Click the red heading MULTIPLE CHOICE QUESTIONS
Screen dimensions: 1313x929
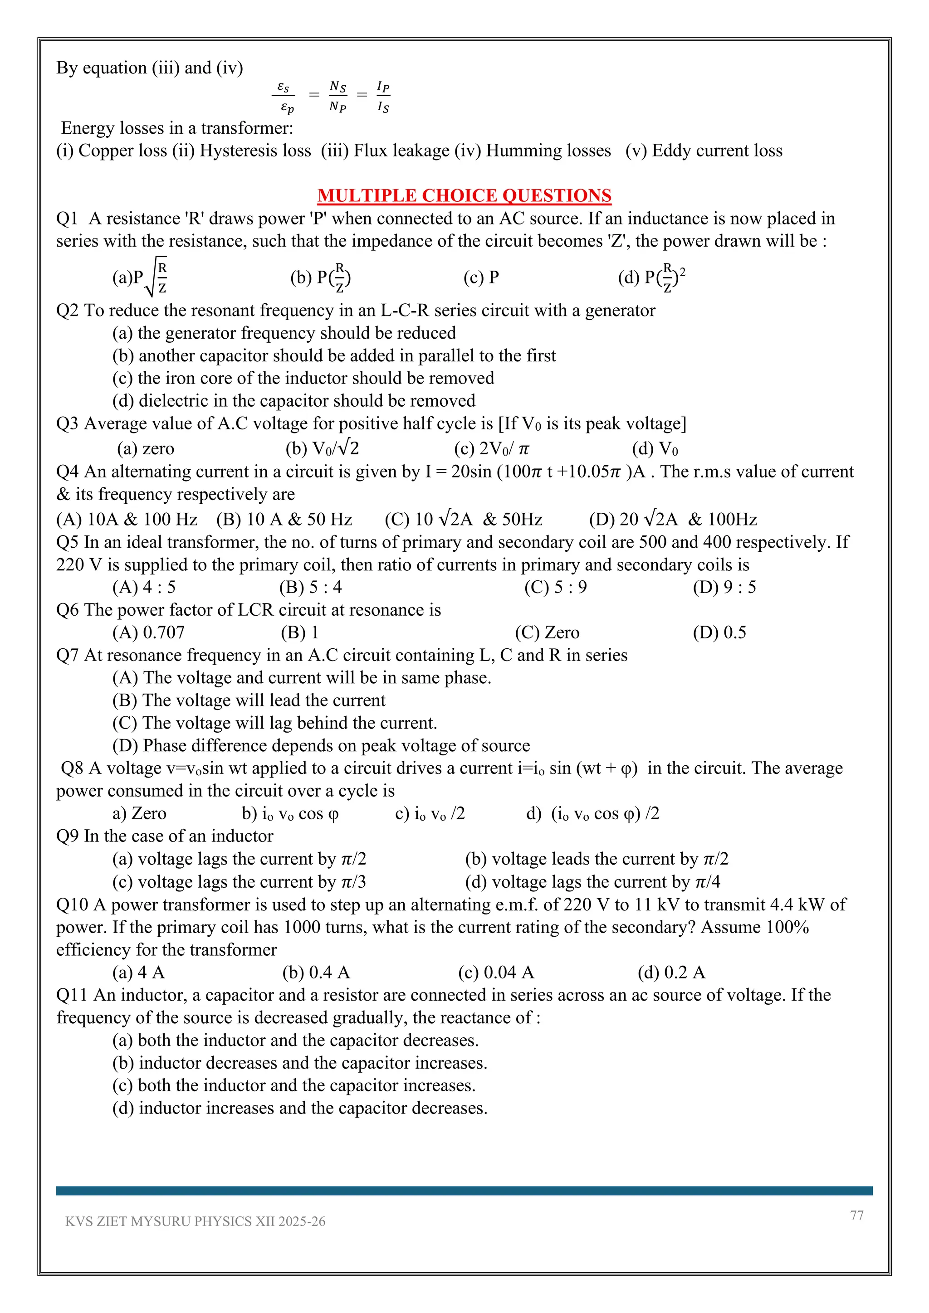pos(464,195)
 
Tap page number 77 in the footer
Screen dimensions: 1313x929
pos(856,1215)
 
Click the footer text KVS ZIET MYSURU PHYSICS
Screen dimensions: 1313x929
pos(195,1221)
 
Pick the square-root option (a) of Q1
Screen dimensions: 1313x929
pos(140,277)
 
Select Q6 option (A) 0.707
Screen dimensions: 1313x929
pos(148,632)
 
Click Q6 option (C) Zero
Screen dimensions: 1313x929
pos(547,632)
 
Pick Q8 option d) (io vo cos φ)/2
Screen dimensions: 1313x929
pos(592,813)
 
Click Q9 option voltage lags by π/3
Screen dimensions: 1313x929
pos(239,882)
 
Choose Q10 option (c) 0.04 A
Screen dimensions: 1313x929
pos(495,972)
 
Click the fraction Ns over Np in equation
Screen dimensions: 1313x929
pos(337,96)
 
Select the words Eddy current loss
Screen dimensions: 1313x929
pos(717,151)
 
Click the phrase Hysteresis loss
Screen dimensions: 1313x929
pos(255,151)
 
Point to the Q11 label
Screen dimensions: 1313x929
pos(72,995)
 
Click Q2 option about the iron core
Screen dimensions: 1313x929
pos(303,378)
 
